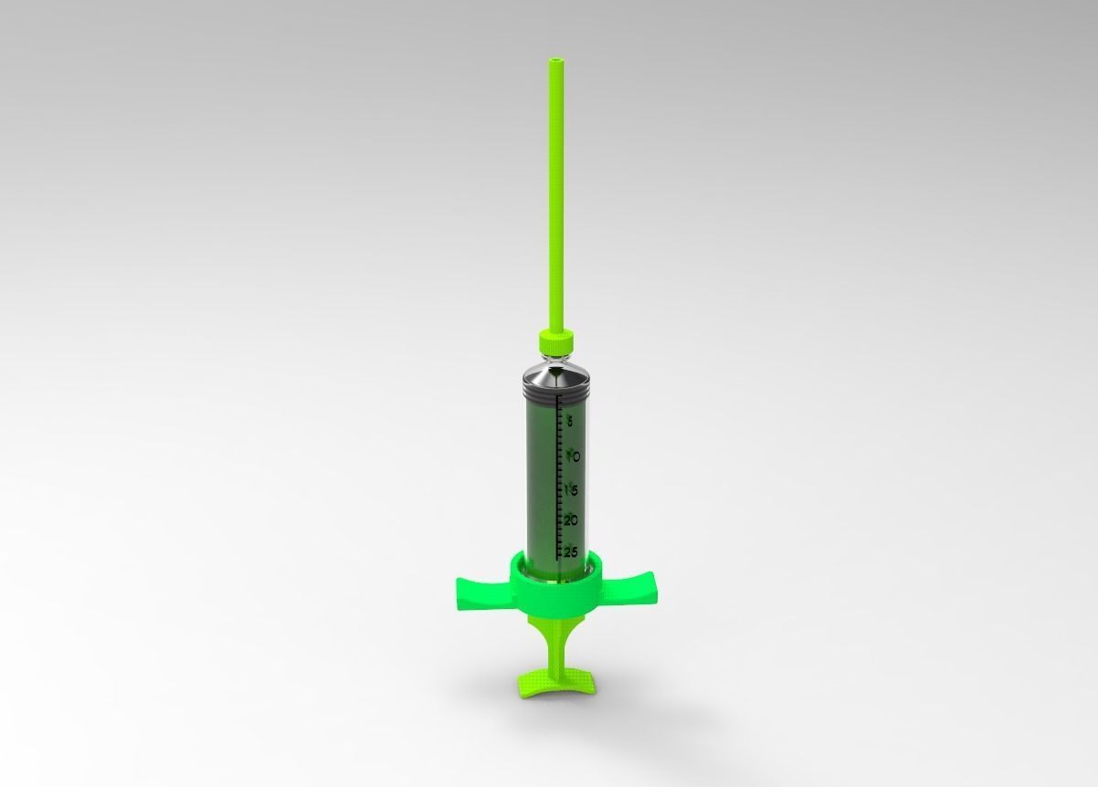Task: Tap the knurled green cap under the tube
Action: [x=555, y=341]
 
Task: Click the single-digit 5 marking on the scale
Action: [x=570, y=422]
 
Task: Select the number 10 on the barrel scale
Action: [x=572, y=456]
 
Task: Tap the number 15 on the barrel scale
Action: [x=571, y=489]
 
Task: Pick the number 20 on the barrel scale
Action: [x=571, y=520]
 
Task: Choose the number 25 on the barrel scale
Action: [x=570, y=551]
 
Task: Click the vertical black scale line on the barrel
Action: [x=558, y=475]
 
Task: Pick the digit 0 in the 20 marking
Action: [x=575, y=520]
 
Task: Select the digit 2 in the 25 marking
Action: [x=566, y=551]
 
